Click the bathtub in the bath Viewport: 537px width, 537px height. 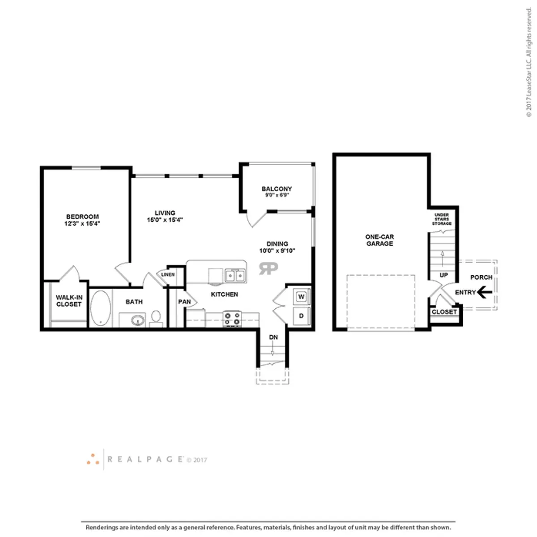(101, 308)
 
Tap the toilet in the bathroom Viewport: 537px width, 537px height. (156, 319)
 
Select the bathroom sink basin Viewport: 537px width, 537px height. (138, 320)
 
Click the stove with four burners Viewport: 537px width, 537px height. (232, 319)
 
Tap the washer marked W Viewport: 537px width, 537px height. (302, 297)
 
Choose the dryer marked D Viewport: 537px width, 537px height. (302, 316)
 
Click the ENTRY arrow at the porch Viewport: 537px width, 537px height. (484, 292)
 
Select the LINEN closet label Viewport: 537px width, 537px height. (168, 274)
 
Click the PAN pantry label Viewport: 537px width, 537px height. (184, 302)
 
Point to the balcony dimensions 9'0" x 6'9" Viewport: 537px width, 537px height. (277, 195)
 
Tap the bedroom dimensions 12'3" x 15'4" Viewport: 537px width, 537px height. (82, 223)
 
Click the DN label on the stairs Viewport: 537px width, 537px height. (273, 337)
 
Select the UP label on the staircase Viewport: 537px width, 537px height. (443, 275)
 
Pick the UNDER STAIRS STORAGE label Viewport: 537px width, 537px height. (442, 219)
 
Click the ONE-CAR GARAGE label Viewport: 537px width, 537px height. (379, 240)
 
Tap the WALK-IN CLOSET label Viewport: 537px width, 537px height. (69, 301)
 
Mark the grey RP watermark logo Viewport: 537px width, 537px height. (268, 268)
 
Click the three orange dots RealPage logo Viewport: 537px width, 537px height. (93, 459)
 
